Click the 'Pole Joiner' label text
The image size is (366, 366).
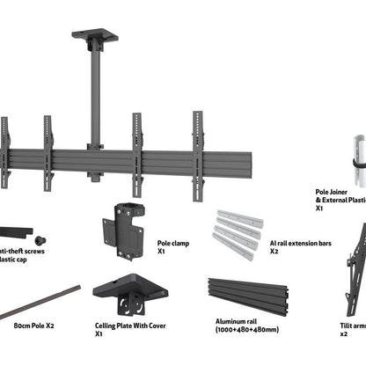(x=338, y=191)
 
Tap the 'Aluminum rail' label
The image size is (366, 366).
(x=227, y=323)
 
